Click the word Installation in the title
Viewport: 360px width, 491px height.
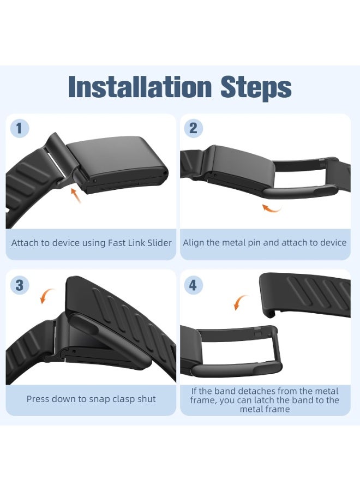coord(140,86)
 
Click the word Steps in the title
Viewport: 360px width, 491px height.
coord(256,88)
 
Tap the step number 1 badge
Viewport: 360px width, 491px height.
coord(20,128)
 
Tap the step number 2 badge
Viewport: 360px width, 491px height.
coord(193,128)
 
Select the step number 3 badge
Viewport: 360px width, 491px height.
coord(20,285)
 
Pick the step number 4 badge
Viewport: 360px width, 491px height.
coord(193,285)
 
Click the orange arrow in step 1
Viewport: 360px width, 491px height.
coord(75,195)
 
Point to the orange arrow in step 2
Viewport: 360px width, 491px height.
coord(271,208)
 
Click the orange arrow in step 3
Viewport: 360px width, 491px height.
coord(47,296)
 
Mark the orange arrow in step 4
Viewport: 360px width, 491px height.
coord(241,302)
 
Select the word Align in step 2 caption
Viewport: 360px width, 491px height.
coord(193,243)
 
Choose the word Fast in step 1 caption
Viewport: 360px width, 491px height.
coord(117,243)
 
